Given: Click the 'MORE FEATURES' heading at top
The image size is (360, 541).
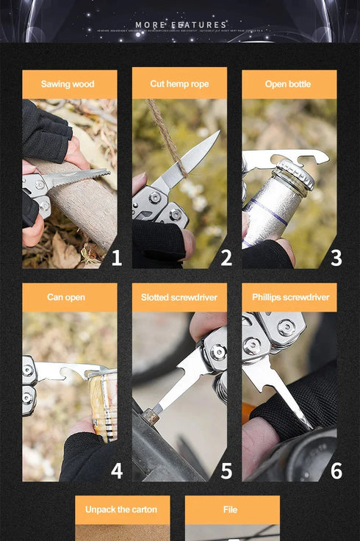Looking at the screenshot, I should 180,25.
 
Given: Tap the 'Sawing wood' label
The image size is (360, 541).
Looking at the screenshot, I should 68,84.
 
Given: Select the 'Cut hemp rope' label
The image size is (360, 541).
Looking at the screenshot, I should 179,84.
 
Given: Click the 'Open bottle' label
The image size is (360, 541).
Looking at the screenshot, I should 288,84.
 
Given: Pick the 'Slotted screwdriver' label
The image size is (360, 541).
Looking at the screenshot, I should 179,297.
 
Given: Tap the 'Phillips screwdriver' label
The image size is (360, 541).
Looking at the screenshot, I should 290,297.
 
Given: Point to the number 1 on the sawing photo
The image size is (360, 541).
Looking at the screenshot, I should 116,258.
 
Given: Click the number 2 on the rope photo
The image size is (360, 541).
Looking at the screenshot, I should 226,258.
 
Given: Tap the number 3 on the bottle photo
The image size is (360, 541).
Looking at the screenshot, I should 336,258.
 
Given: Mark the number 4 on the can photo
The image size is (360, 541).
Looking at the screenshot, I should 116,470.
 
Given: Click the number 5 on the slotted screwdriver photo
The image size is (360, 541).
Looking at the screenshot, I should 226,470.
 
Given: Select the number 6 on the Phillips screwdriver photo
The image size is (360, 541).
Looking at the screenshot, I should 336,470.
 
